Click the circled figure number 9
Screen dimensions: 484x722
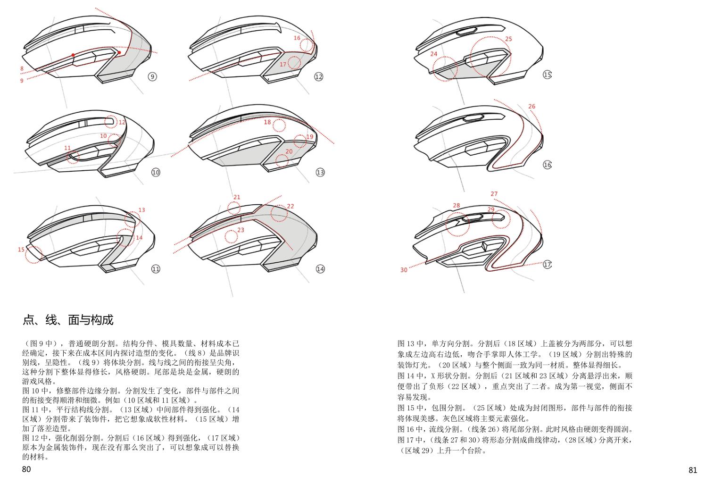tap(152, 76)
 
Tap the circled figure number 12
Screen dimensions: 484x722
tap(319, 76)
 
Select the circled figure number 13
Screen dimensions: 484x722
tap(320, 172)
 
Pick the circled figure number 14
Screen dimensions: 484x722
tap(320, 269)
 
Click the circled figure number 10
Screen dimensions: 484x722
tap(156, 172)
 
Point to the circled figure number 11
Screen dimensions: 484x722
tap(156, 269)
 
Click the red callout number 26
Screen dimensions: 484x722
tap(532, 107)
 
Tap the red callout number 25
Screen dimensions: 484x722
tap(508, 39)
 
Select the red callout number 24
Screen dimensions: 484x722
tap(434, 54)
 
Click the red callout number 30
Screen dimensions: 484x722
tap(404, 270)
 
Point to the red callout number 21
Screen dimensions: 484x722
tap(237, 197)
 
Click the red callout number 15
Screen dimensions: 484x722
tap(21, 250)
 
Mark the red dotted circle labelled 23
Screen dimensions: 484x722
tap(231, 236)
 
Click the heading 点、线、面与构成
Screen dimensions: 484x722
tap(68, 320)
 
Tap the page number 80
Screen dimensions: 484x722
tap(26, 469)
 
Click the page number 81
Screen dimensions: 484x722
tap(693, 470)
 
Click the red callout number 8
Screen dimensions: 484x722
tap(22, 69)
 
